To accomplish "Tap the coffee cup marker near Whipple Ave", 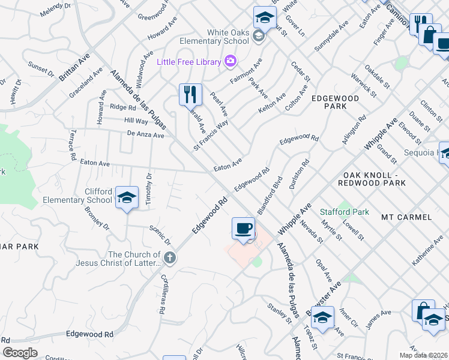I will [243, 229].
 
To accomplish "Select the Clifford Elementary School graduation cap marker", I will [127, 197].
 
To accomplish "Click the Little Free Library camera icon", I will [229, 61].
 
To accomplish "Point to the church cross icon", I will [170, 259].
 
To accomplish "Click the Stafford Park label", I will [345, 212].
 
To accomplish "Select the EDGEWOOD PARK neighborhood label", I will [334, 102].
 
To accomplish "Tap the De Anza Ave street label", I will [142, 136].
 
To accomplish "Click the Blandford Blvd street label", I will [270, 196].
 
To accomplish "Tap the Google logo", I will [20, 353].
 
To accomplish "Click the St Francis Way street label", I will [211, 135].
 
